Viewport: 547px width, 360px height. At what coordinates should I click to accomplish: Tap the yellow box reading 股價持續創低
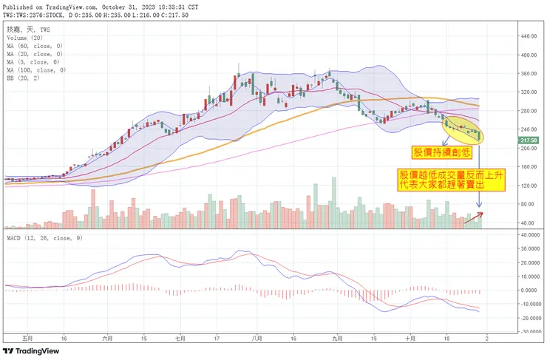coord(441,152)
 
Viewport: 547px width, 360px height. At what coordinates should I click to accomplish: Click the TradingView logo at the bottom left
coord(33,350)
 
